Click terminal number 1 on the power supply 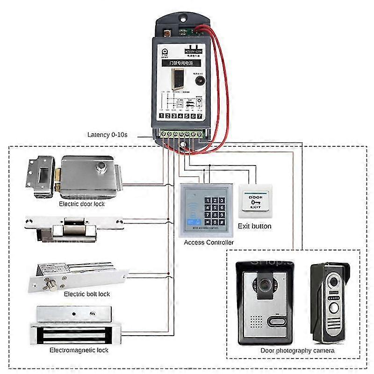click(161, 116)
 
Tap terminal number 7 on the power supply click(200, 116)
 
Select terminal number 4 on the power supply click(180, 116)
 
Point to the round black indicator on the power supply click(200, 80)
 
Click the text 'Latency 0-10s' click(108, 135)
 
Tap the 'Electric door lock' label click(82, 204)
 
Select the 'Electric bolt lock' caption click(87, 294)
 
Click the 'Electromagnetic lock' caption click(79, 350)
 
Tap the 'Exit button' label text click(254, 226)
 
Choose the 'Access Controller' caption click(209, 243)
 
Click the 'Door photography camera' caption click(297, 350)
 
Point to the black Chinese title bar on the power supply click(180, 61)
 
